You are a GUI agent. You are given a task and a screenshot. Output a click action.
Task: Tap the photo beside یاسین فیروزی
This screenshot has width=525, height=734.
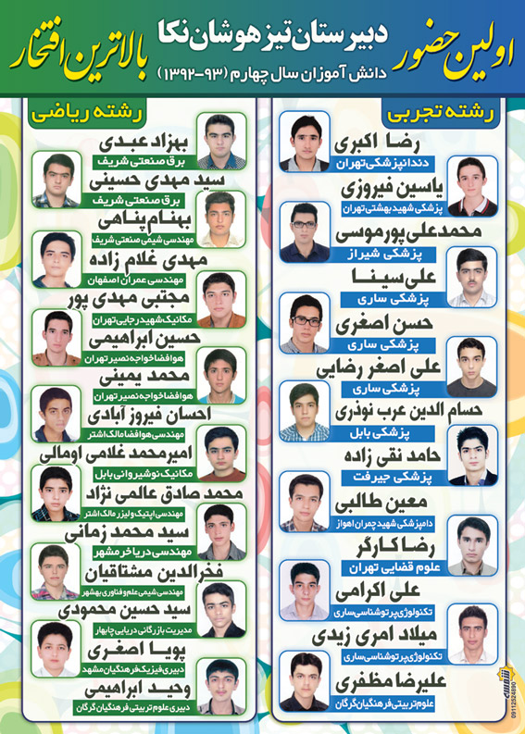click(x=471, y=186)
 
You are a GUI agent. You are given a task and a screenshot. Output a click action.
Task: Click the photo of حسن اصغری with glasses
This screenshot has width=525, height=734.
click(x=306, y=323)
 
